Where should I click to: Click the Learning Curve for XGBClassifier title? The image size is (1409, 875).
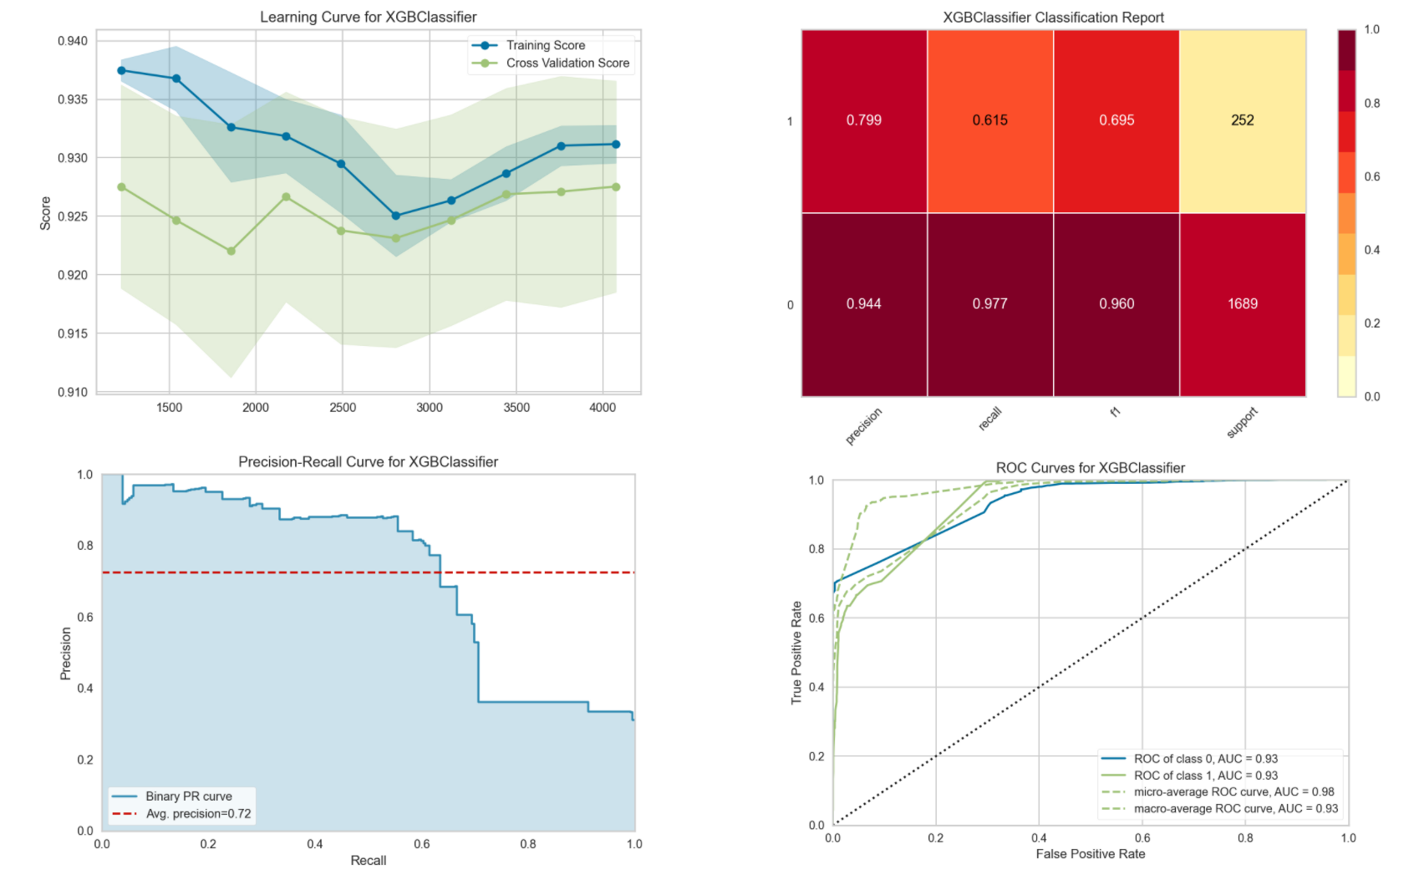point(368,17)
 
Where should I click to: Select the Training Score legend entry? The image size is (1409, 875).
point(545,45)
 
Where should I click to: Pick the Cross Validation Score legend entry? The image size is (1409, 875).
point(567,63)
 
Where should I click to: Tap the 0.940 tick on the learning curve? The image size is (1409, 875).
point(73,41)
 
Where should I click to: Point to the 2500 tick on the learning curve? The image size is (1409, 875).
point(343,408)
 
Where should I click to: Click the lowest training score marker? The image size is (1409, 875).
point(396,216)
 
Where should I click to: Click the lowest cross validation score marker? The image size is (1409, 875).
point(231,251)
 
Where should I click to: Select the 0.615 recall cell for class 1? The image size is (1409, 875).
point(989,120)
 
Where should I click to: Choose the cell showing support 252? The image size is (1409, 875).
point(1242,120)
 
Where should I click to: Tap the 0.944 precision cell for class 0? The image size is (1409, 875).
point(863,304)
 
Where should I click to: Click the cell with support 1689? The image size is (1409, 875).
point(1242,304)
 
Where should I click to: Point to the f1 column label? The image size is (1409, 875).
point(1116,412)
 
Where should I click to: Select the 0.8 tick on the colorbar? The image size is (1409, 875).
point(1372,104)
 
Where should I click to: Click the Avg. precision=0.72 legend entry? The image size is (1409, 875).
point(198,814)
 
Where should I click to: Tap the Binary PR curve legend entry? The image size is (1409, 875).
point(189,796)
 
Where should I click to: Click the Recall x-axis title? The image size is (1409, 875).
point(369,861)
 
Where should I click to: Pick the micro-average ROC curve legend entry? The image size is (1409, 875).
point(1234,792)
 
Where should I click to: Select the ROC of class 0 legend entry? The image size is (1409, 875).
point(1205,759)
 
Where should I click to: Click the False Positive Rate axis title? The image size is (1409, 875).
point(1090,854)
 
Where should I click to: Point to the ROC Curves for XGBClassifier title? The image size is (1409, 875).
point(1090,468)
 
